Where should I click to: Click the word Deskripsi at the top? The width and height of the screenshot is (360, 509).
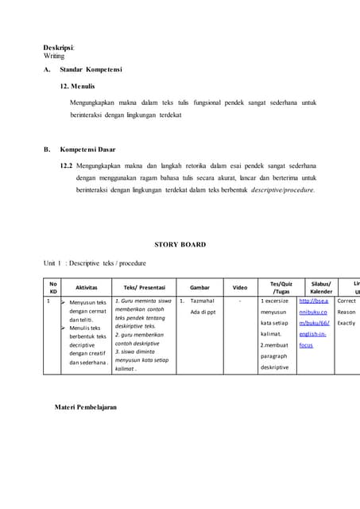pyautogui.click(x=59, y=48)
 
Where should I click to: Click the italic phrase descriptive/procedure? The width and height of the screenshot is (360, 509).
pyautogui.click(x=282, y=190)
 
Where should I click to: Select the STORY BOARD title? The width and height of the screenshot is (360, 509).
pyautogui.click(x=180, y=245)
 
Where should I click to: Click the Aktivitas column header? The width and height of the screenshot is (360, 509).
pyautogui.click(x=86, y=287)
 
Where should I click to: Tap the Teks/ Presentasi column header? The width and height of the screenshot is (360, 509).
pyautogui.click(x=142, y=287)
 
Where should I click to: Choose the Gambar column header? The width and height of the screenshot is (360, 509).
pyautogui.click(x=199, y=287)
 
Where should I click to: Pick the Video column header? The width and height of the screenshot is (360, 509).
pyautogui.click(x=240, y=287)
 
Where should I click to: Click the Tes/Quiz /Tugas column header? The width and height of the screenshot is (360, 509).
pyautogui.click(x=281, y=287)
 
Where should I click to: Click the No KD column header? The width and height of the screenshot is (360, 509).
pyautogui.click(x=52, y=287)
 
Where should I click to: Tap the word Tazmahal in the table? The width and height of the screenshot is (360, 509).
pyautogui.click(x=202, y=301)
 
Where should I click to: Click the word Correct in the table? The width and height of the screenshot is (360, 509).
pyautogui.click(x=346, y=301)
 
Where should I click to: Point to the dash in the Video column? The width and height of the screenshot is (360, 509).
pyautogui.click(x=240, y=301)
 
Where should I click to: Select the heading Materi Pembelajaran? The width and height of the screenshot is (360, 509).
pyautogui.click(x=86, y=406)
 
